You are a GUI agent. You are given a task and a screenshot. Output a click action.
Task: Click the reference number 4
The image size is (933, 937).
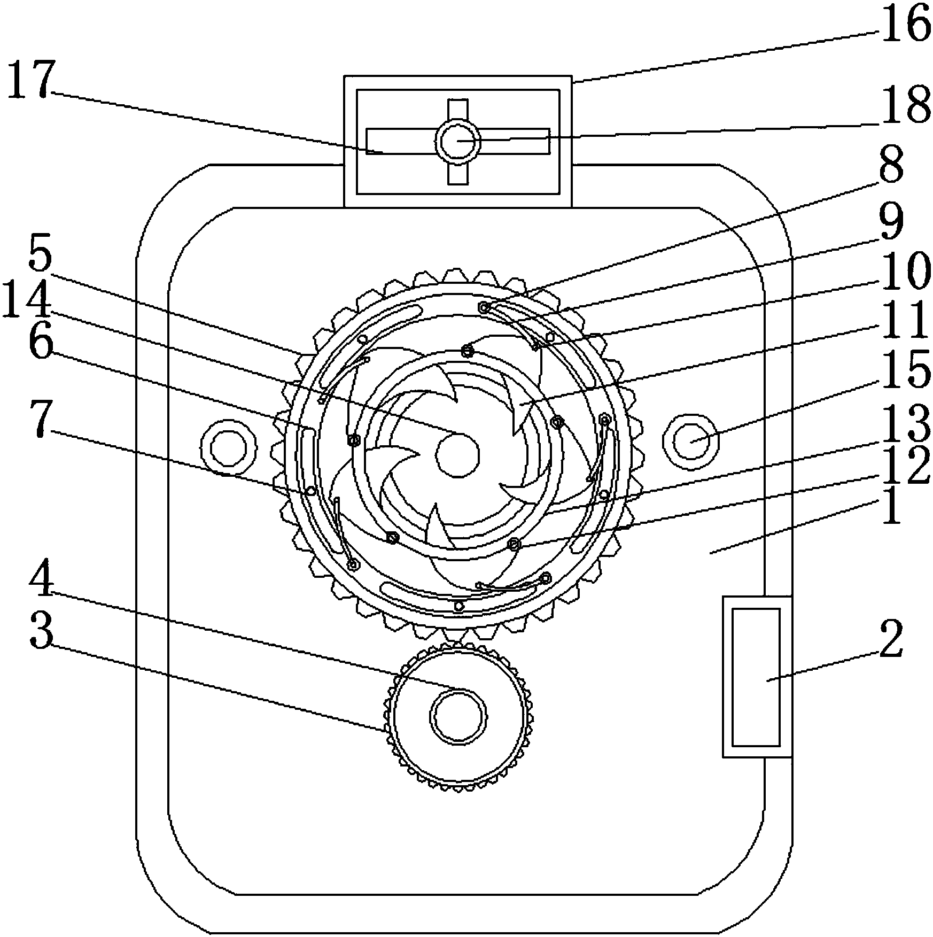pos(42,579)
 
